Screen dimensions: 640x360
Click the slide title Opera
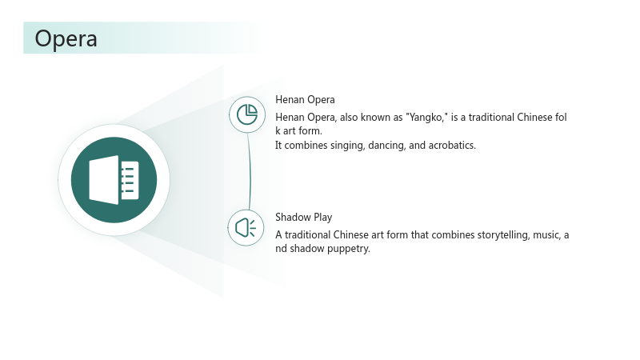66,39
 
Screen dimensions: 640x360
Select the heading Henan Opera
305,99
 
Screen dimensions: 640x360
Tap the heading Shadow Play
304,217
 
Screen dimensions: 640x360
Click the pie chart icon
247,114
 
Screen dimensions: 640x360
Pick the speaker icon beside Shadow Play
246,228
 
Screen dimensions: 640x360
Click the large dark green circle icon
114,180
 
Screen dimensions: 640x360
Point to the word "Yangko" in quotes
426,118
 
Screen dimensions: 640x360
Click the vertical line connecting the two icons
250,171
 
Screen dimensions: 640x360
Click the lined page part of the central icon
130,180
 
